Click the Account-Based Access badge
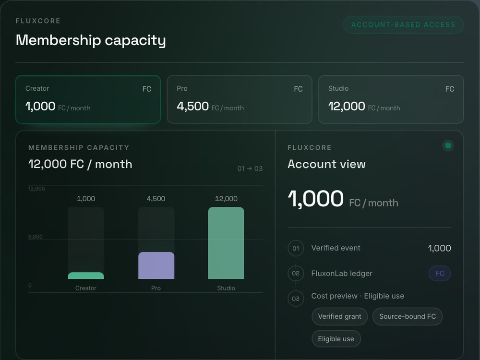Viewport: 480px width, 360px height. click(x=403, y=24)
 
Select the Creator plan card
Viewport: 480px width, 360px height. click(x=88, y=99)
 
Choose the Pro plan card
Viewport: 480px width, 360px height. click(x=240, y=99)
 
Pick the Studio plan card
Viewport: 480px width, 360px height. click(x=391, y=99)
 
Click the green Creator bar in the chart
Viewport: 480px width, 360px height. click(x=86, y=276)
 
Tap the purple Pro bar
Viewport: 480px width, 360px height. click(x=156, y=265)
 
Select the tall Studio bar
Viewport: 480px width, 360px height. click(x=226, y=243)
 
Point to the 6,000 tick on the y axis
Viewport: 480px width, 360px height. click(x=36, y=237)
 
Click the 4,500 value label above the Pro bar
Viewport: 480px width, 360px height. click(x=156, y=199)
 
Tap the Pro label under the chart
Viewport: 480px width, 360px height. click(x=156, y=288)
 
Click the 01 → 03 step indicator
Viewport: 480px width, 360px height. click(x=250, y=168)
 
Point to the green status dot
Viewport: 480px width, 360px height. click(x=448, y=145)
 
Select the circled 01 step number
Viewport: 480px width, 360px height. click(x=296, y=248)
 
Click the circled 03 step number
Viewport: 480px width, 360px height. click(x=296, y=299)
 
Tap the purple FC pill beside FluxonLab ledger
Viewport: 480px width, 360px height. click(x=440, y=274)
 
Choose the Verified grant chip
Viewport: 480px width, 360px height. click(x=339, y=316)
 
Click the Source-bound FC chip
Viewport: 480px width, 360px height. click(x=408, y=316)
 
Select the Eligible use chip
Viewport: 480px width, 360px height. click(x=336, y=339)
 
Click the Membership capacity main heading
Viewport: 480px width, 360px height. click(x=91, y=40)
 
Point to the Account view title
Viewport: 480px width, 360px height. click(x=326, y=164)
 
